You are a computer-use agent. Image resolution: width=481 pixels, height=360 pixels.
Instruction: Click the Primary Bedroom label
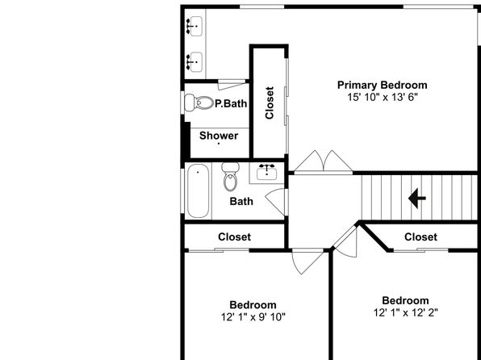coord(383,85)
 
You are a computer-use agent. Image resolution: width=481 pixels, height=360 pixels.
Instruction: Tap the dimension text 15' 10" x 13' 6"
coord(383,98)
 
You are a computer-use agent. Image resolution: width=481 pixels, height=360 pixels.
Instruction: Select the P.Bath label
coord(231,103)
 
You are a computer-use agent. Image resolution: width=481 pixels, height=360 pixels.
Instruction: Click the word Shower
coord(219,136)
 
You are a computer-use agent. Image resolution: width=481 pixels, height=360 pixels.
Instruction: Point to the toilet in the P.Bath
coord(199,103)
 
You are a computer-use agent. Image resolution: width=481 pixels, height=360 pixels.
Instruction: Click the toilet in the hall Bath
coord(230,177)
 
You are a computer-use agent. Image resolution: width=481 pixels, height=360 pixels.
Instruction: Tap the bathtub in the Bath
coord(199,190)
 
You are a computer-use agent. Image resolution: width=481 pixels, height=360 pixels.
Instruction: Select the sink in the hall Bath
coord(266,173)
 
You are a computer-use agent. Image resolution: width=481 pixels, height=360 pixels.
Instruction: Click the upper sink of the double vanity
coord(194,27)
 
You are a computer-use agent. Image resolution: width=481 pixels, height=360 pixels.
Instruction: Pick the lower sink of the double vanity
coord(194,61)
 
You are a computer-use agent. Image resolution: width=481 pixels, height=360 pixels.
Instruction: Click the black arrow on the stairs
coord(417,199)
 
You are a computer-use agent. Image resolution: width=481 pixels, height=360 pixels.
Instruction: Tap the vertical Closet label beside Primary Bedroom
coord(270,103)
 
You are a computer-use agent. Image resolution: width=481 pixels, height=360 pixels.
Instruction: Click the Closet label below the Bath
coord(234,237)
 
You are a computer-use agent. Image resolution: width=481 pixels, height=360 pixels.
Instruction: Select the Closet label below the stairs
coord(420,237)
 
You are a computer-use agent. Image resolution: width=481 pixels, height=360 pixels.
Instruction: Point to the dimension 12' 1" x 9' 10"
coord(253,316)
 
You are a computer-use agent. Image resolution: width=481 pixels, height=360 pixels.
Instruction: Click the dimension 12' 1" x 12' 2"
coord(405,312)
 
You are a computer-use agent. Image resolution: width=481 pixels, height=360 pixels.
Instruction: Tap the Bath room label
coord(241,201)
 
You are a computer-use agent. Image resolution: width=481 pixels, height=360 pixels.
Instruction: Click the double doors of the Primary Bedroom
coord(324,161)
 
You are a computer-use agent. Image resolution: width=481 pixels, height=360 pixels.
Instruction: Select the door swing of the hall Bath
coord(275,202)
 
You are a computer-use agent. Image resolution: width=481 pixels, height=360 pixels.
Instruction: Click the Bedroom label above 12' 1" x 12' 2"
coord(405,300)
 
